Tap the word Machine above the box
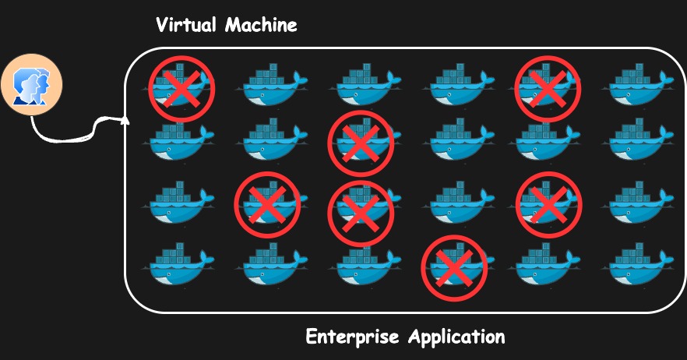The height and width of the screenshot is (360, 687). pyautogui.click(x=261, y=25)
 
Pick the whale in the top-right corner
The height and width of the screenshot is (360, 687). pyautogui.click(x=641, y=86)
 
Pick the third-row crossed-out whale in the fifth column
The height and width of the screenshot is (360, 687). pyautogui.click(x=548, y=203)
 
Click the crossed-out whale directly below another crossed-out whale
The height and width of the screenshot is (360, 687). pyautogui.click(x=361, y=206)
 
